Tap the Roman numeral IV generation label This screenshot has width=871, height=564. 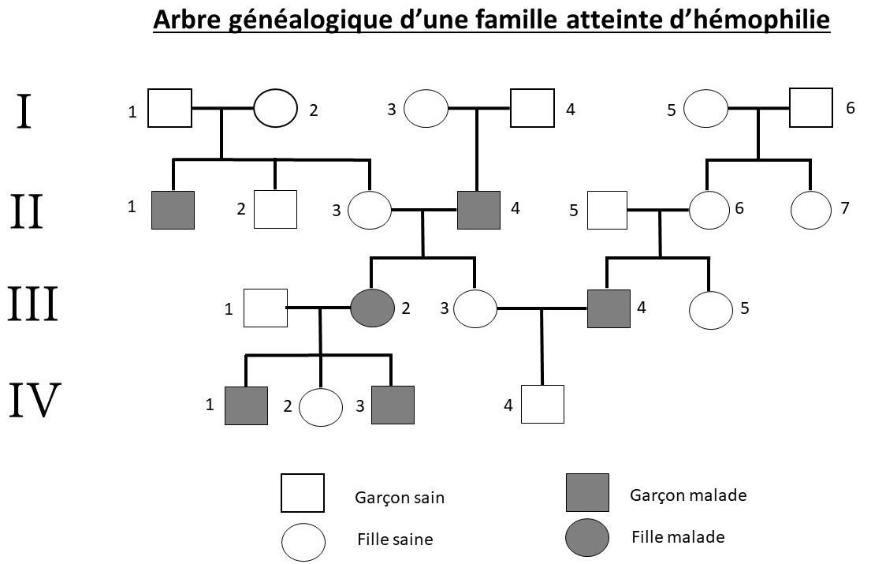[x=35, y=400]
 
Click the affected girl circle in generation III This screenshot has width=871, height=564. [x=372, y=308]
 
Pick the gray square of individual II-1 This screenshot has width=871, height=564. [x=173, y=209]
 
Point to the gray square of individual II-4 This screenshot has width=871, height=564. [x=479, y=209]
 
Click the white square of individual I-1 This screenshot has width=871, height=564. [x=170, y=108]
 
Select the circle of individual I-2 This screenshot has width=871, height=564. [x=275, y=108]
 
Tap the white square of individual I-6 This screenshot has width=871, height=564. [x=812, y=108]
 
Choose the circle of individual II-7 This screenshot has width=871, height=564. [x=811, y=210]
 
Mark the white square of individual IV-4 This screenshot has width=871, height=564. [x=542, y=404]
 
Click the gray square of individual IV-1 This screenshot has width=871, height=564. [x=246, y=406]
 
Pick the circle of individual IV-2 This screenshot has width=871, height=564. [x=320, y=407]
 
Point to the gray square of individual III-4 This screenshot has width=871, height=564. [x=609, y=308]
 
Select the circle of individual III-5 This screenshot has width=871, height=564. [x=711, y=309]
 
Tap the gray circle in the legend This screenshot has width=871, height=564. [x=587, y=538]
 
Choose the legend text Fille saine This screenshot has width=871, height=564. [x=395, y=540]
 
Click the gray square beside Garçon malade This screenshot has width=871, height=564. [x=587, y=493]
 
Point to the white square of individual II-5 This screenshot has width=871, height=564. [x=607, y=211]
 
